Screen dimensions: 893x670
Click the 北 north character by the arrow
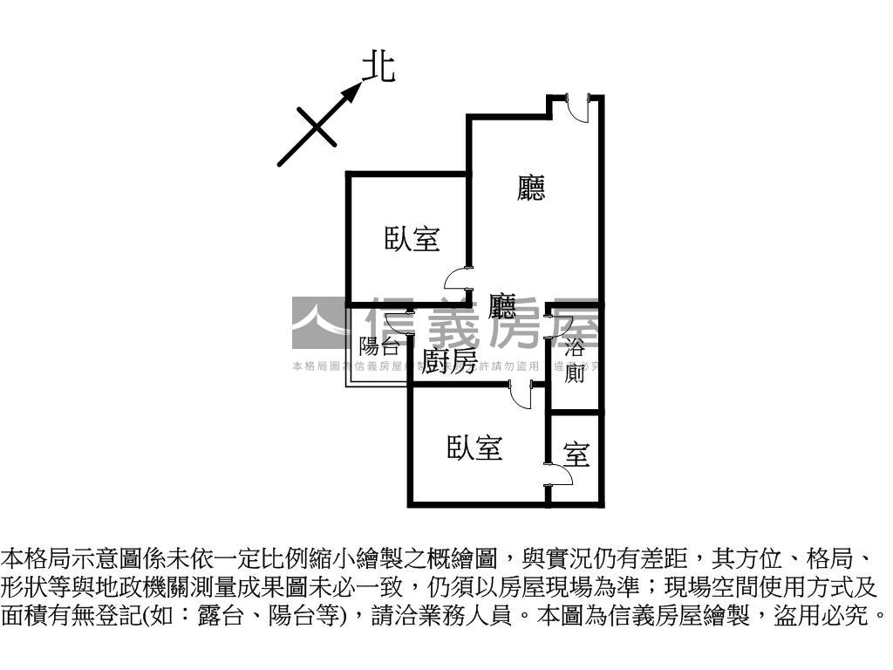[x=378, y=67]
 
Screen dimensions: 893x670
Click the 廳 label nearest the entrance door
[x=531, y=188]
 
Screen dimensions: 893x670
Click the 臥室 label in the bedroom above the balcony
[x=412, y=238]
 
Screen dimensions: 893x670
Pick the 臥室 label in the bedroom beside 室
[x=474, y=448]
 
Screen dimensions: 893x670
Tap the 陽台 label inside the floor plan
[x=379, y=345]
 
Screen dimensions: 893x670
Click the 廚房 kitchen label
[x=450, y=361]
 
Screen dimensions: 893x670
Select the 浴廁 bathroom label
[x=575, y=360]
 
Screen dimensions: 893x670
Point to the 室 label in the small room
[x=576, y=455]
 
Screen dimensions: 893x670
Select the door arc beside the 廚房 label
[x=521, y=395]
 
